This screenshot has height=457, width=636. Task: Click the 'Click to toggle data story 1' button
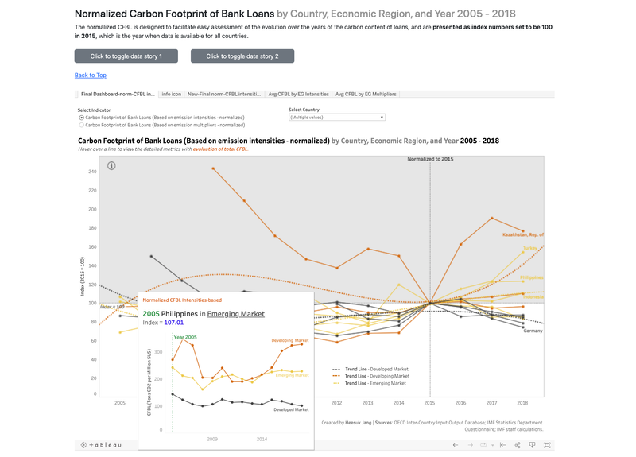126,56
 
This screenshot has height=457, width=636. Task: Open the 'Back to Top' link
90,76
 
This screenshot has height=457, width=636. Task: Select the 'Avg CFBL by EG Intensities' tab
298,94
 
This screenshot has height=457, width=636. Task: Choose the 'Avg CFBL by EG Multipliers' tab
366,94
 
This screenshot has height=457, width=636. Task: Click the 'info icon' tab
171,94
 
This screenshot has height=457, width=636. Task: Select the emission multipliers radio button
81,125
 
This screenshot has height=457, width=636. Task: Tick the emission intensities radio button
81,117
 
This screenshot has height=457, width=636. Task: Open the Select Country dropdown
336,117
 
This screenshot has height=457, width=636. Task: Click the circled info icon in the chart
111,165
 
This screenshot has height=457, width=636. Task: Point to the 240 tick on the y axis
91,172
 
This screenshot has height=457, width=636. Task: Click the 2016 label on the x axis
461,403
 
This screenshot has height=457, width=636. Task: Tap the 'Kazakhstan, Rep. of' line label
522,235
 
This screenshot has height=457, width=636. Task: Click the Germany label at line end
533,331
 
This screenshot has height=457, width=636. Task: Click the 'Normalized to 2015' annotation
432,159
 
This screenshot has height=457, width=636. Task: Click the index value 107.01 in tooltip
173,323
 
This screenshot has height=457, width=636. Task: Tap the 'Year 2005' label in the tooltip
185,338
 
